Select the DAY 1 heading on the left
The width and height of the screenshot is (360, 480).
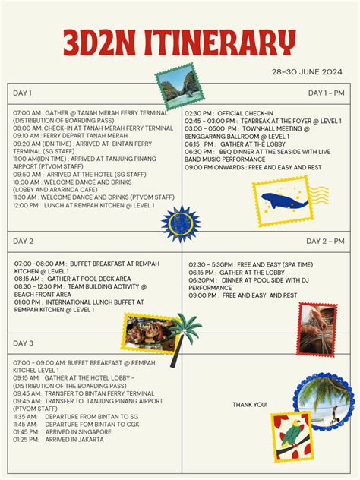[x=23, y=93]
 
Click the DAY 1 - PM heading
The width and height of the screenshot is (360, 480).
[x=326, y=93]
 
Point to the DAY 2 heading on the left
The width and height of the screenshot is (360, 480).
[x=24, y=241]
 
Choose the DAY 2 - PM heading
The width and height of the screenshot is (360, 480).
[x=325, y=241]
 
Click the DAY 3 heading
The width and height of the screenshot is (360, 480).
[x=24, y=343]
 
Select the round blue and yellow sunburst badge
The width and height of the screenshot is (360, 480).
[x=180, y=223]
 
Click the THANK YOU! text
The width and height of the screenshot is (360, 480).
[x=249, y=405]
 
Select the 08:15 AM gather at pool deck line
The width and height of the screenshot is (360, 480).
[x=72, y=279]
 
